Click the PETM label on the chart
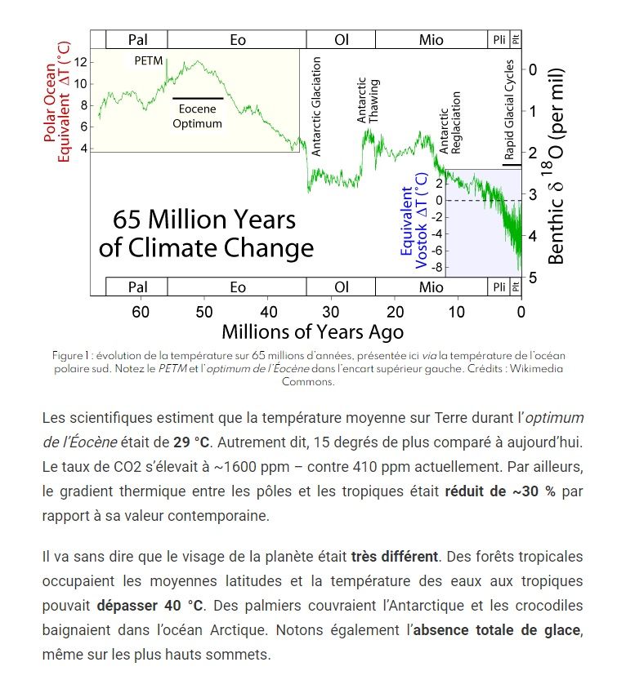point(150,61)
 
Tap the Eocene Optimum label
point(197,117)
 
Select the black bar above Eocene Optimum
point(197,99)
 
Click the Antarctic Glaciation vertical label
point(317,106)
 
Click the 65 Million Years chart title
point(205,233)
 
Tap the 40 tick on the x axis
point(267,312)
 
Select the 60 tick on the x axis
point(141,312)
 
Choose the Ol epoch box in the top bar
point(342,39)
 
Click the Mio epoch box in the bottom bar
point(431,287)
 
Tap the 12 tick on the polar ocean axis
point(79,62)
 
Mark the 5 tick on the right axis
point(533,278)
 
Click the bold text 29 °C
point(192,442)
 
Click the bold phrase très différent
point(395,558)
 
